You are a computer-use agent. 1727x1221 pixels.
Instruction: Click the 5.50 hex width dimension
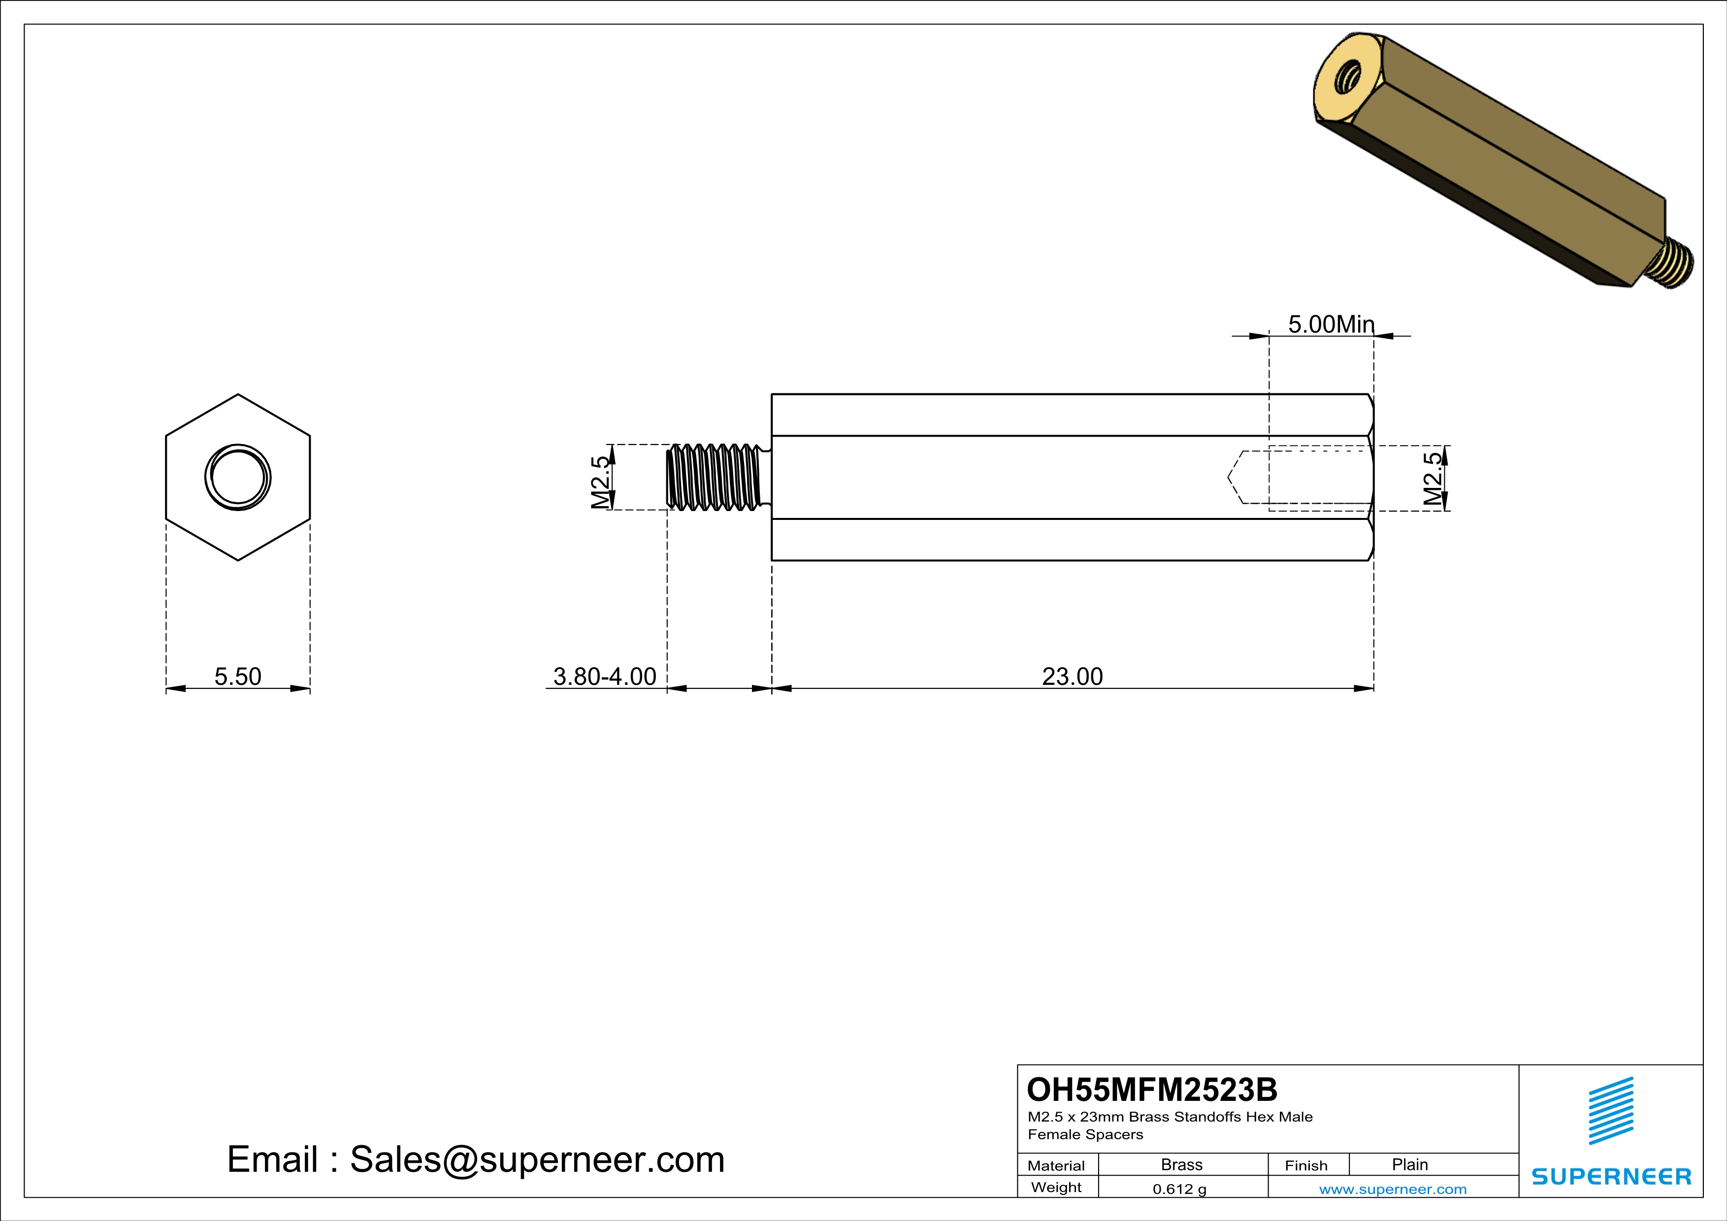(238, 676)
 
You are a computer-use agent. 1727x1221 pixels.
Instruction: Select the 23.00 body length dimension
(1072, 676)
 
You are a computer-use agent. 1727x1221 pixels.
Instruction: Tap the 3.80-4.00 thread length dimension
(605, 676)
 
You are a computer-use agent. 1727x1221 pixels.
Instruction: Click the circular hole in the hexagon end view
(238, 478)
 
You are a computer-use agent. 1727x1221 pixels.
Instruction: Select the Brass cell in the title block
(1182, 1164)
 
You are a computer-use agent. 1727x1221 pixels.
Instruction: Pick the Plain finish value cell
(1409, 1164)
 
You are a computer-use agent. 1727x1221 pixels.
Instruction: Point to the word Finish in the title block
(1306, 1165)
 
